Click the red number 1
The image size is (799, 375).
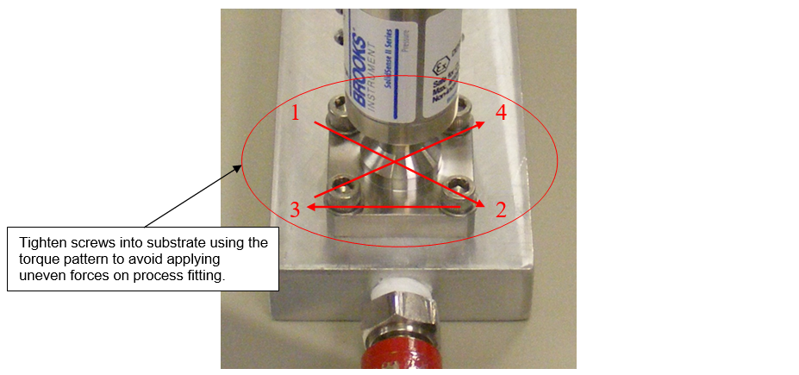pos(296,113)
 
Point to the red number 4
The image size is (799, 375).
pos(501,113)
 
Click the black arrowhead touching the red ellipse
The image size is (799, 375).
pos(242,166)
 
